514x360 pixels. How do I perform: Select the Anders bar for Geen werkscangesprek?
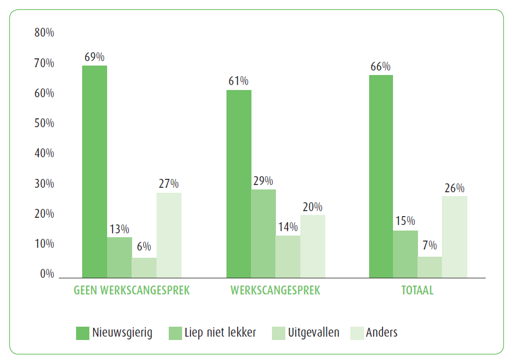pyautogui.click(x=169, y=235)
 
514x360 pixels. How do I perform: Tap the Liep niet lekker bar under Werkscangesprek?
pyautogui.click(x=263, y=233)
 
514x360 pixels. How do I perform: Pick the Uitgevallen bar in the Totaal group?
pyautogui.click(x=430, y=267)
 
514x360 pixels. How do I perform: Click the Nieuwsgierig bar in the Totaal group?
pyautogui.click(x=381, y=176)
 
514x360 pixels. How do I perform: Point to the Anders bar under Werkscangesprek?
pyautogui.click(x=313, y=246)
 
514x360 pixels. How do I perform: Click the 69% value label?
pyautogui.click(x=94, y=57)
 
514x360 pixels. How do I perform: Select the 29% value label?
pyautogui.click(x=263, y=181)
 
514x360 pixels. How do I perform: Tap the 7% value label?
pyautogui.click(x=430, y=246)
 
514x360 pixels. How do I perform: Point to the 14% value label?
pyautogui.click(x=288, y=227)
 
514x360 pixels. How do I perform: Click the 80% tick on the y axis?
pyautogui.click(x=44, y=33)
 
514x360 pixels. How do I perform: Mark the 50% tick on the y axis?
pyautogui.click(x=44, y=123)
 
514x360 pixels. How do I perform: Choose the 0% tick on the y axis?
pyautogui.click(x=47, y=274)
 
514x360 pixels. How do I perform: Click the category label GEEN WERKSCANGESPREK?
pyautogui.click(x=132, y=291)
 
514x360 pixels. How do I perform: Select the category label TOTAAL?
pyautogui.click(x=417, y=291)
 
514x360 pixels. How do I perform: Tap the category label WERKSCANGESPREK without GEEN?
pyautogui.click(x=275, y=291)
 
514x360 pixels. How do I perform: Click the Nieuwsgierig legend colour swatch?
pyautogui.click(x=83, y=333)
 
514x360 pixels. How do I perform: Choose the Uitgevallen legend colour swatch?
pyautogui.click(x=278, y=333)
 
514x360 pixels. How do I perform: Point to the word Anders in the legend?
pyautogui.click(x=382, y=333)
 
